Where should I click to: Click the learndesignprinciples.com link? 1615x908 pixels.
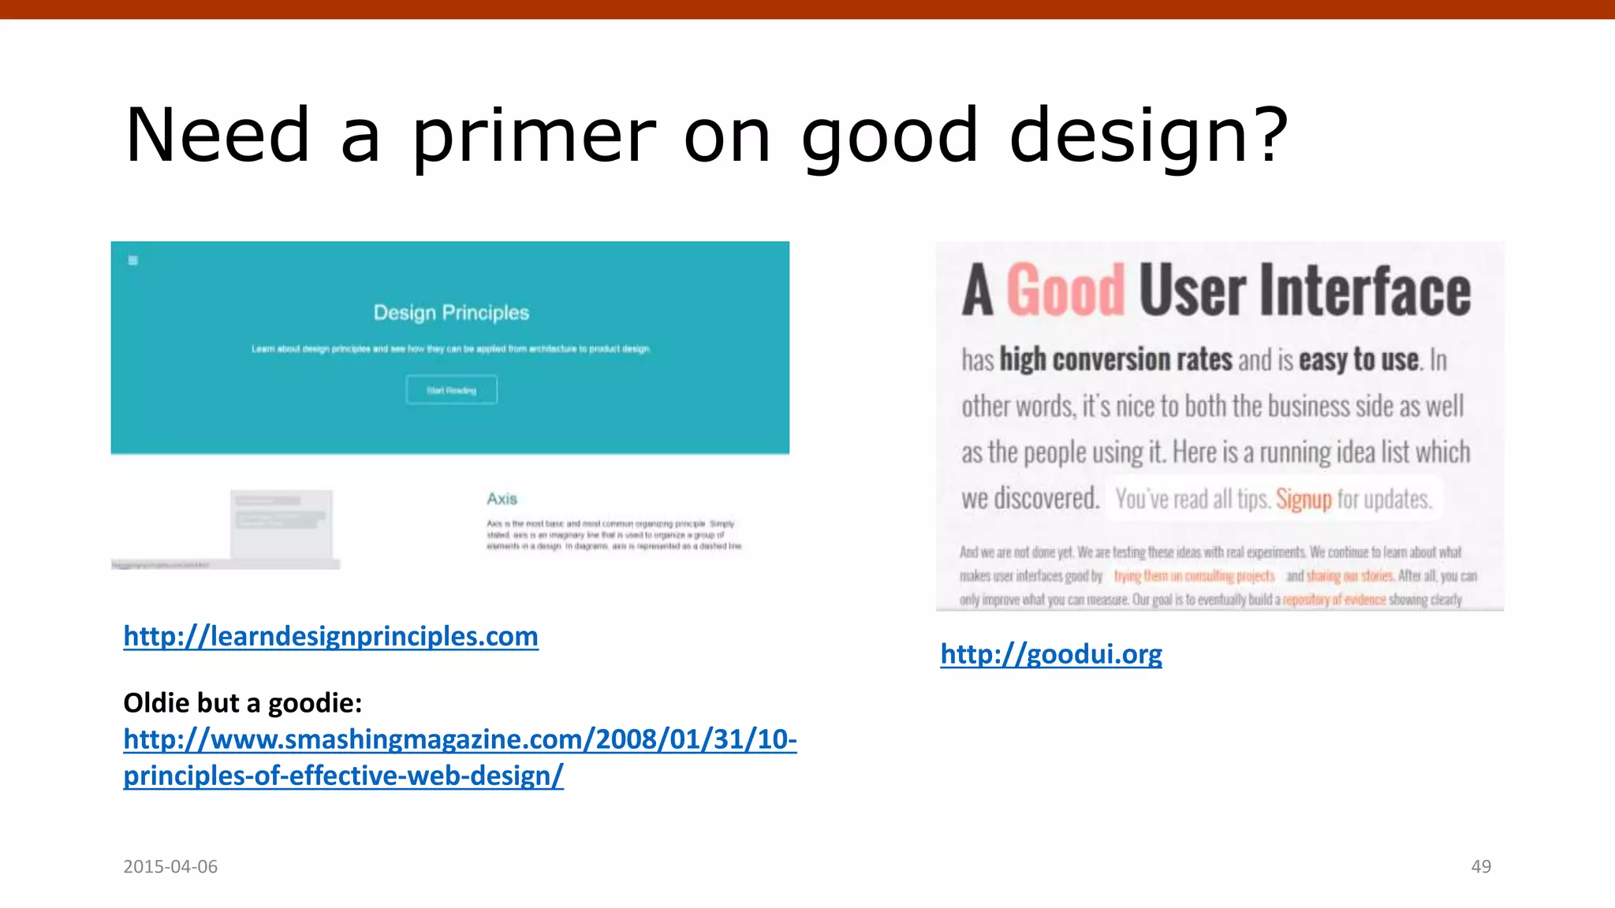point(330,636)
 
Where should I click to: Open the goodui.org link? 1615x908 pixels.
point(1050,653)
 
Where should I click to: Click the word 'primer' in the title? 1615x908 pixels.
point(534,136)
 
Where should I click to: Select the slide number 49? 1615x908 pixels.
point(1480,866)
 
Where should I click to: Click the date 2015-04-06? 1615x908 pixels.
point(170,866)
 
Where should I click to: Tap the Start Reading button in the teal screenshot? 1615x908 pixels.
point(451,390)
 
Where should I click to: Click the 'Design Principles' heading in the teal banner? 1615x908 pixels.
point(451,313)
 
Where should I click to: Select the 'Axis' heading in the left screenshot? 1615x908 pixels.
point(502,499)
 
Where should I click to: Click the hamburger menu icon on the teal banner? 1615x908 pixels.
point(133,260)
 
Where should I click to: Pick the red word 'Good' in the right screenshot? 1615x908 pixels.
point(1065,290)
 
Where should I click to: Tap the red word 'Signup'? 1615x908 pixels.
point(1303,499)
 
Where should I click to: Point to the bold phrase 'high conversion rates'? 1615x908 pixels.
point(1115,359)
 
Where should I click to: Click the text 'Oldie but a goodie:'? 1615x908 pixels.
point(242,702)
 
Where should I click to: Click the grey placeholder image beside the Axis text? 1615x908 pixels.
point(281,523)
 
